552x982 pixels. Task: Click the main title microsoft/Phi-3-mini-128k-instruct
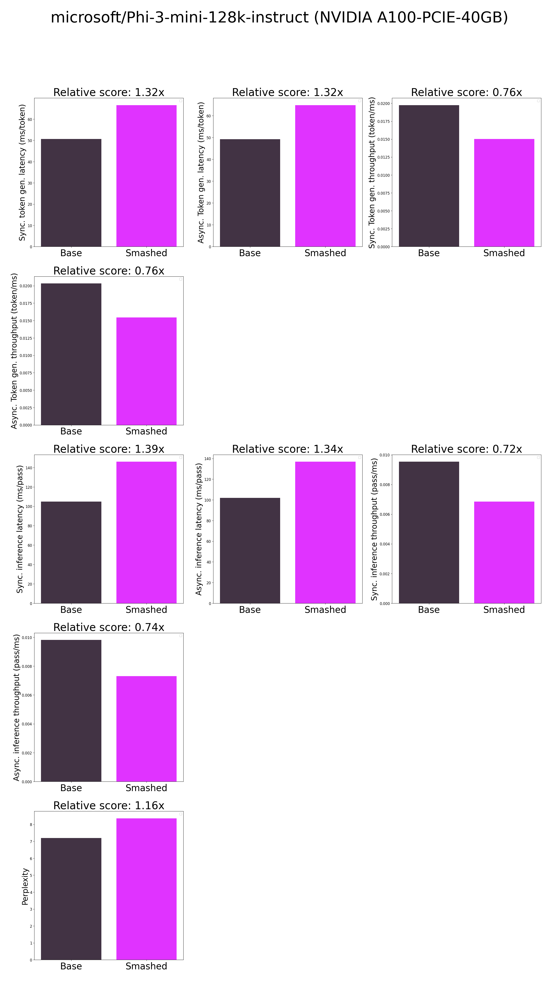[x=279, y=17]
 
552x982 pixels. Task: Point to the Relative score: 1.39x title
[x=109, y=449]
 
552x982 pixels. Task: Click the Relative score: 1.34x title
[x=287, y=449]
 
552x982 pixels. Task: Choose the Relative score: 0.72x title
[x=466, y=449]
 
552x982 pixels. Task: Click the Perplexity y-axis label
[x=25, y=886]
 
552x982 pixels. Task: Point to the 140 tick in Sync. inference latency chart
[x=29, y=468]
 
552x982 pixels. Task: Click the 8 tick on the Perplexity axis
[x=31, y=824]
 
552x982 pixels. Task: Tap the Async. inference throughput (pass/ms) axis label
[x=16, y=708]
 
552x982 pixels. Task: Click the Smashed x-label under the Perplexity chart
[x=146, y=966]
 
